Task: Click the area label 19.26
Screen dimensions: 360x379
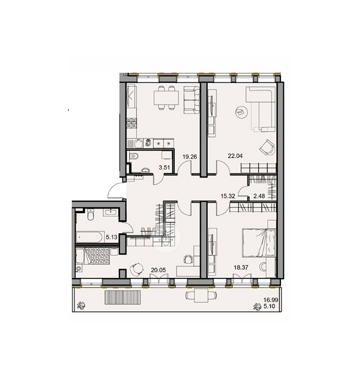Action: coord(190,157)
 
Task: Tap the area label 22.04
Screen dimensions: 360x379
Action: coord(235,156)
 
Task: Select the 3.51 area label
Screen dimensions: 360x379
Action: coord(164,167)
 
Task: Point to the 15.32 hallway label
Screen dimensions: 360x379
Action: coord(228,196)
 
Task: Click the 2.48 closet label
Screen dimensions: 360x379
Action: coord(259,196)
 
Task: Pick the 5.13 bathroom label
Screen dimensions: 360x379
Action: coord(112,237)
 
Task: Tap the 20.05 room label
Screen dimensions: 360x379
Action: coord(158,270)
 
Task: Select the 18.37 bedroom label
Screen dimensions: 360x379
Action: coord(241,268)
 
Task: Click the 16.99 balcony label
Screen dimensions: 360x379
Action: coord(271,300)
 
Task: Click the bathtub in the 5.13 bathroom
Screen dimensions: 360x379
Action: coord(89,237)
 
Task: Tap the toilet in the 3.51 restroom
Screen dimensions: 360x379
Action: coord(134,156)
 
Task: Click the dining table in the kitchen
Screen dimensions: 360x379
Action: coord(165,99)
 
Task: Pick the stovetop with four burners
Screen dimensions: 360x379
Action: coord(132,123)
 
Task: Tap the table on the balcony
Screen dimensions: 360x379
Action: coord(201,296)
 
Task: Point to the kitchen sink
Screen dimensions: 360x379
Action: coord(138,143)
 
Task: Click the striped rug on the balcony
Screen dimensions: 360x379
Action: coord(122,297)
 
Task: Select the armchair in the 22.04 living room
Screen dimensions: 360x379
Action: coord(267,147)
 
